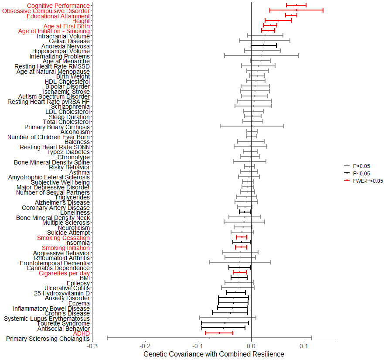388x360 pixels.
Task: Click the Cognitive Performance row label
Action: click(x=58, y=6)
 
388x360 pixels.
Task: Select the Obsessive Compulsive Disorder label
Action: click(x=46, y=11)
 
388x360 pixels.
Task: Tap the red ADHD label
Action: click(x=82, y=333)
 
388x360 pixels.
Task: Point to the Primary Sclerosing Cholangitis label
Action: click(x=48, y=339)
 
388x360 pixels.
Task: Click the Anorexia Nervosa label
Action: click(x=65, y=46)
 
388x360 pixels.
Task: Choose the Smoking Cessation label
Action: click(x=63, y=238)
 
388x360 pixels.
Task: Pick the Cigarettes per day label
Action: click(x=64, y=273)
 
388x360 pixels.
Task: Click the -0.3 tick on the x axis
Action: click(x=92, y=346)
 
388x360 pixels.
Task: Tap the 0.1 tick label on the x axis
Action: click(x=304, y=346)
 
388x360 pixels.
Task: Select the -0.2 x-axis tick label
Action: click(x=145, y=346)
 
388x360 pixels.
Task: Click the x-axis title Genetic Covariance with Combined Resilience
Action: click(x=214, y=354)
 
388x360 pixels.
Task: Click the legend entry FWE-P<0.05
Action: click(x=368, y=181)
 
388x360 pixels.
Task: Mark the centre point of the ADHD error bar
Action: click(x=219, y=333)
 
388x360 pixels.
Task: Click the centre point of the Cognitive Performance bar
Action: click(x=296, y=5)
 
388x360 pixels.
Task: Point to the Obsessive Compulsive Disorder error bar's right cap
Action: click(x=323, y=10)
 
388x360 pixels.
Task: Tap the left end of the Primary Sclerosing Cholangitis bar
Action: click(x=107, y=338)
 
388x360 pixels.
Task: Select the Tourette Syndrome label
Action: click(x=63, y=323)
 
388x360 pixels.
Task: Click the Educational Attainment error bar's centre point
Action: click(x=291, y=15)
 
